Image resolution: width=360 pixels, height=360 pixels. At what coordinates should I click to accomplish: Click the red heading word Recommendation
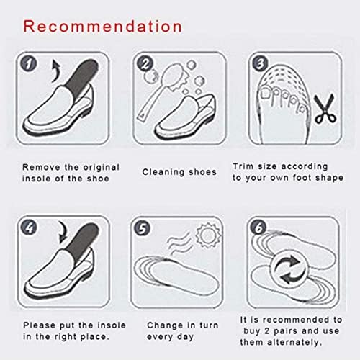(101, 27)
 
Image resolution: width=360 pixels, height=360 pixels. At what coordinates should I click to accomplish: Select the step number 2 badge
(144, 63)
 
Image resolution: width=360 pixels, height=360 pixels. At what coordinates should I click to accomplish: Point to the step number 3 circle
(259, 63)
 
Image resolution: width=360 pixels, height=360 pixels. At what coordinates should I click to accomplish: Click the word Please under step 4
(39, 325)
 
